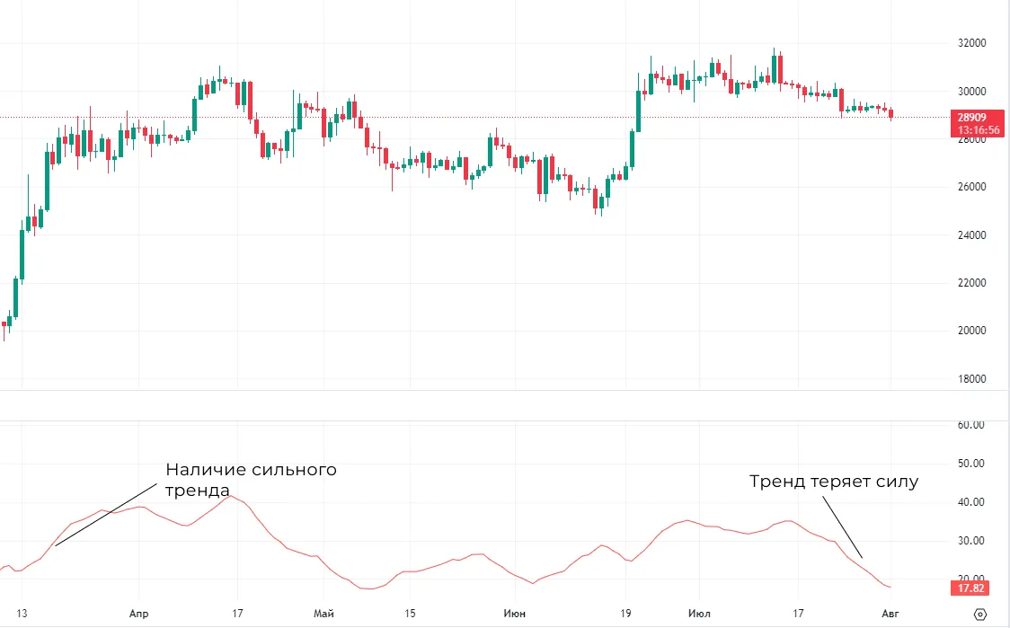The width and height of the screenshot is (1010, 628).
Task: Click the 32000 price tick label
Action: pyautogui.click(x=972, y=43)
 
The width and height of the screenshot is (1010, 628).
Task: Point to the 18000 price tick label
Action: pyautogui.click(x=972, y=379)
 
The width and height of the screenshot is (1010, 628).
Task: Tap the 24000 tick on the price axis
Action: pyautogui.click(x=972, y=235)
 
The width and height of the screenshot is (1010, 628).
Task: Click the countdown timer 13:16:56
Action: pyautogui.click(x=978, y=130)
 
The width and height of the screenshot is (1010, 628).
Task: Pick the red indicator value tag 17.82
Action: pyautogui.click(x=971, y=588)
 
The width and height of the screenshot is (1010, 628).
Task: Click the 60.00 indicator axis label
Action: pyautogui.click(x=972, y=425)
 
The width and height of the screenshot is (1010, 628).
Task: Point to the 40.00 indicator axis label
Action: pyautogui.click(x=972, y=502)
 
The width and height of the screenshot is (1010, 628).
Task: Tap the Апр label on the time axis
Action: pyautogui.click(x=138, y=613)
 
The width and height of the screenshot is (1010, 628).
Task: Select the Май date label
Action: pyautogui.click(x=323, y=613)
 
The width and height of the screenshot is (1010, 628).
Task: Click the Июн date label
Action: pyautogui.click(x=514, y=613)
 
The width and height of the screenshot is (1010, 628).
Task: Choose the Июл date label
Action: pyautogui.click(x=698, y=613)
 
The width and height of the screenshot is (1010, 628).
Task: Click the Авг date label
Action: pyautogui.click(x=890, y=613)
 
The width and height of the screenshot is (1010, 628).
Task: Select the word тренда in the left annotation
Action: pyautogui.click(x=197, y=491)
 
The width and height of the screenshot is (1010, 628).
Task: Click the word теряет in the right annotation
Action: pyautogui.click(x=839, y=482)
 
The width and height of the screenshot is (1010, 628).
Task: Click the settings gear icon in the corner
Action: pyautogui.click(x=980, y=614)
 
